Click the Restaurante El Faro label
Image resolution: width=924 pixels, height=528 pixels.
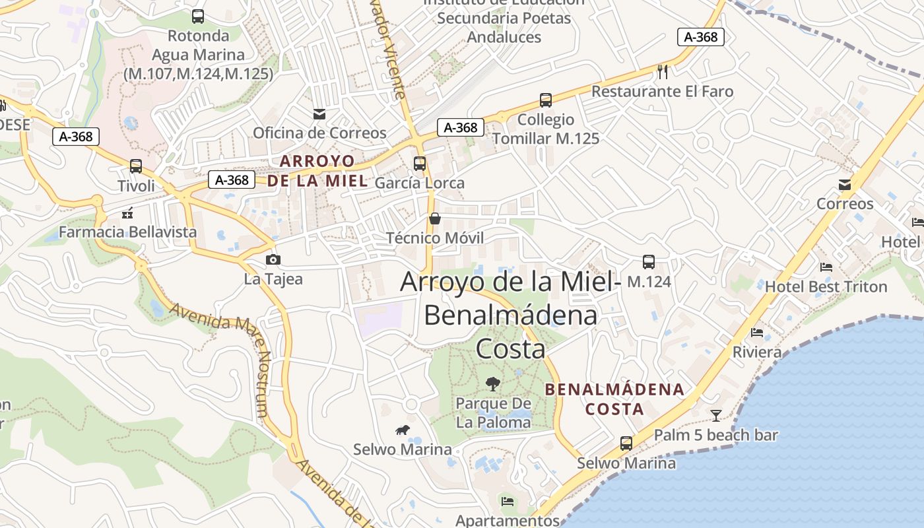click(x=662, y=91)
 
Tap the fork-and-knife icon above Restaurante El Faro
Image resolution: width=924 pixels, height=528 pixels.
click(x=663, y=71)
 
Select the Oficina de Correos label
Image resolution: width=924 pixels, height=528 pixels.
click(x=319, y=133)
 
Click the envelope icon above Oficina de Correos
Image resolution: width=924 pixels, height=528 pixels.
click(x=319, y=114)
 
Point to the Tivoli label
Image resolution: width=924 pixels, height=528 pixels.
click(x=136, y=185)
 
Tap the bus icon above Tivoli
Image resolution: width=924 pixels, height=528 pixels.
click(x=136, y=166)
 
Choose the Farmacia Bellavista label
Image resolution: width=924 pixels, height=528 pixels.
click(x=128, y=232)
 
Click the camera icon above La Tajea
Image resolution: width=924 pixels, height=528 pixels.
click(x=273, y=259)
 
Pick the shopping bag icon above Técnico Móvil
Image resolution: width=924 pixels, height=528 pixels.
click(x=435, y=218)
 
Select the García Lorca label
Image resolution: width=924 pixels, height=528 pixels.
click(x=420, y=183)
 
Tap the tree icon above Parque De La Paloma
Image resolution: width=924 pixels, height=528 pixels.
click(x=492, y=383)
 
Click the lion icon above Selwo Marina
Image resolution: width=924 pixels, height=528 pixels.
click(x=402, y=431)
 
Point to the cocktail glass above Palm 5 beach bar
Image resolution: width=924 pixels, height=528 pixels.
click(x=716, y=415)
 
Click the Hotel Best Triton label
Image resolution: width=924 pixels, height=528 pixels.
click(x=826, y=286)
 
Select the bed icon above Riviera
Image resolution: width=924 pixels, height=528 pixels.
click(x=757, y=333)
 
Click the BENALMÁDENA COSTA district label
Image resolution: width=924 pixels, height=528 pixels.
click(x=614, y=399)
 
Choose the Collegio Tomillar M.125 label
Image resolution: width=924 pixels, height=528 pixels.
click(x=546, y=129)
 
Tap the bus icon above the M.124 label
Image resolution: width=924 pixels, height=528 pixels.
click(x=649, y=262)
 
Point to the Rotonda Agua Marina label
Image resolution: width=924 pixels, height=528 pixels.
click(x=198, y=55)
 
